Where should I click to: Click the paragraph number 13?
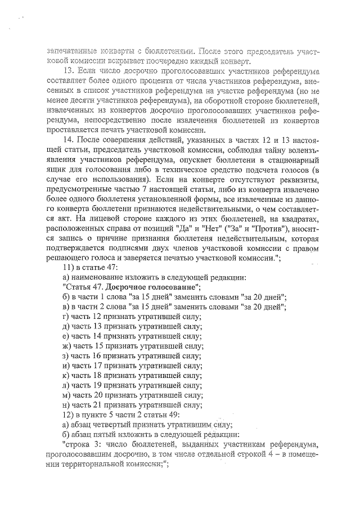67,72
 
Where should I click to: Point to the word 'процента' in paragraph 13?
163,82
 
